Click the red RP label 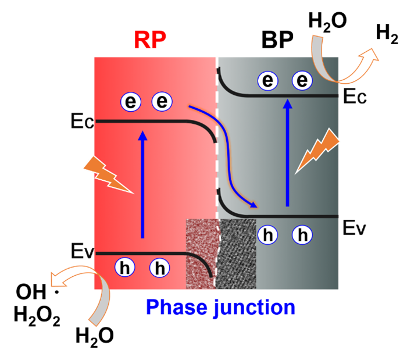click(150, 40)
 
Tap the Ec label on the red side click(81, 122)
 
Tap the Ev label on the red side click(81, 252)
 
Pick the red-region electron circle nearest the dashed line click(162, 102)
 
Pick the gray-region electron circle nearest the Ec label click(302, 80)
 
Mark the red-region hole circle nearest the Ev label click(124, 268)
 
